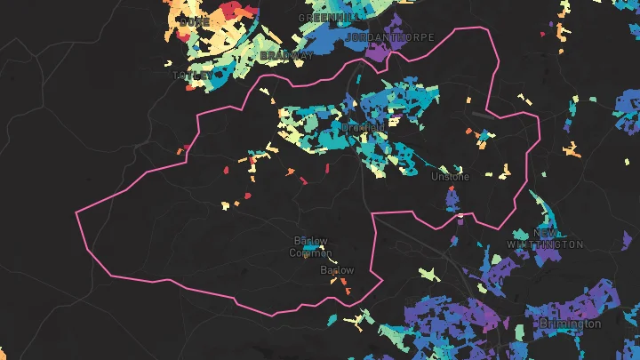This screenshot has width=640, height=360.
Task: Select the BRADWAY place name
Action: [x=285, y=55]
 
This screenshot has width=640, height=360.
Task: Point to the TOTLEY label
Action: [x=197, y=76]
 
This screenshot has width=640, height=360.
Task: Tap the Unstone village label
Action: [x=449, y=177]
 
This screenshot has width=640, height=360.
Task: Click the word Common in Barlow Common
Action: [x=310, y=252]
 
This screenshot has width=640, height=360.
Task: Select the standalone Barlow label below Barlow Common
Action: [x=336, y=270]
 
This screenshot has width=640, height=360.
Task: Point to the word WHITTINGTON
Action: [x=545, y=244]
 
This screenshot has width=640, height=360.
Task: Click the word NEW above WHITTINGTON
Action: [x=547, y=233]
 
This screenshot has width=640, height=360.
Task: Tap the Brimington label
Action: [x=569, y=324]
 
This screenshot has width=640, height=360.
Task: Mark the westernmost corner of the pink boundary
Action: [x=77, y=212]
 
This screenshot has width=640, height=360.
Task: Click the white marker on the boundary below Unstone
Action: [x=459, y=217]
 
